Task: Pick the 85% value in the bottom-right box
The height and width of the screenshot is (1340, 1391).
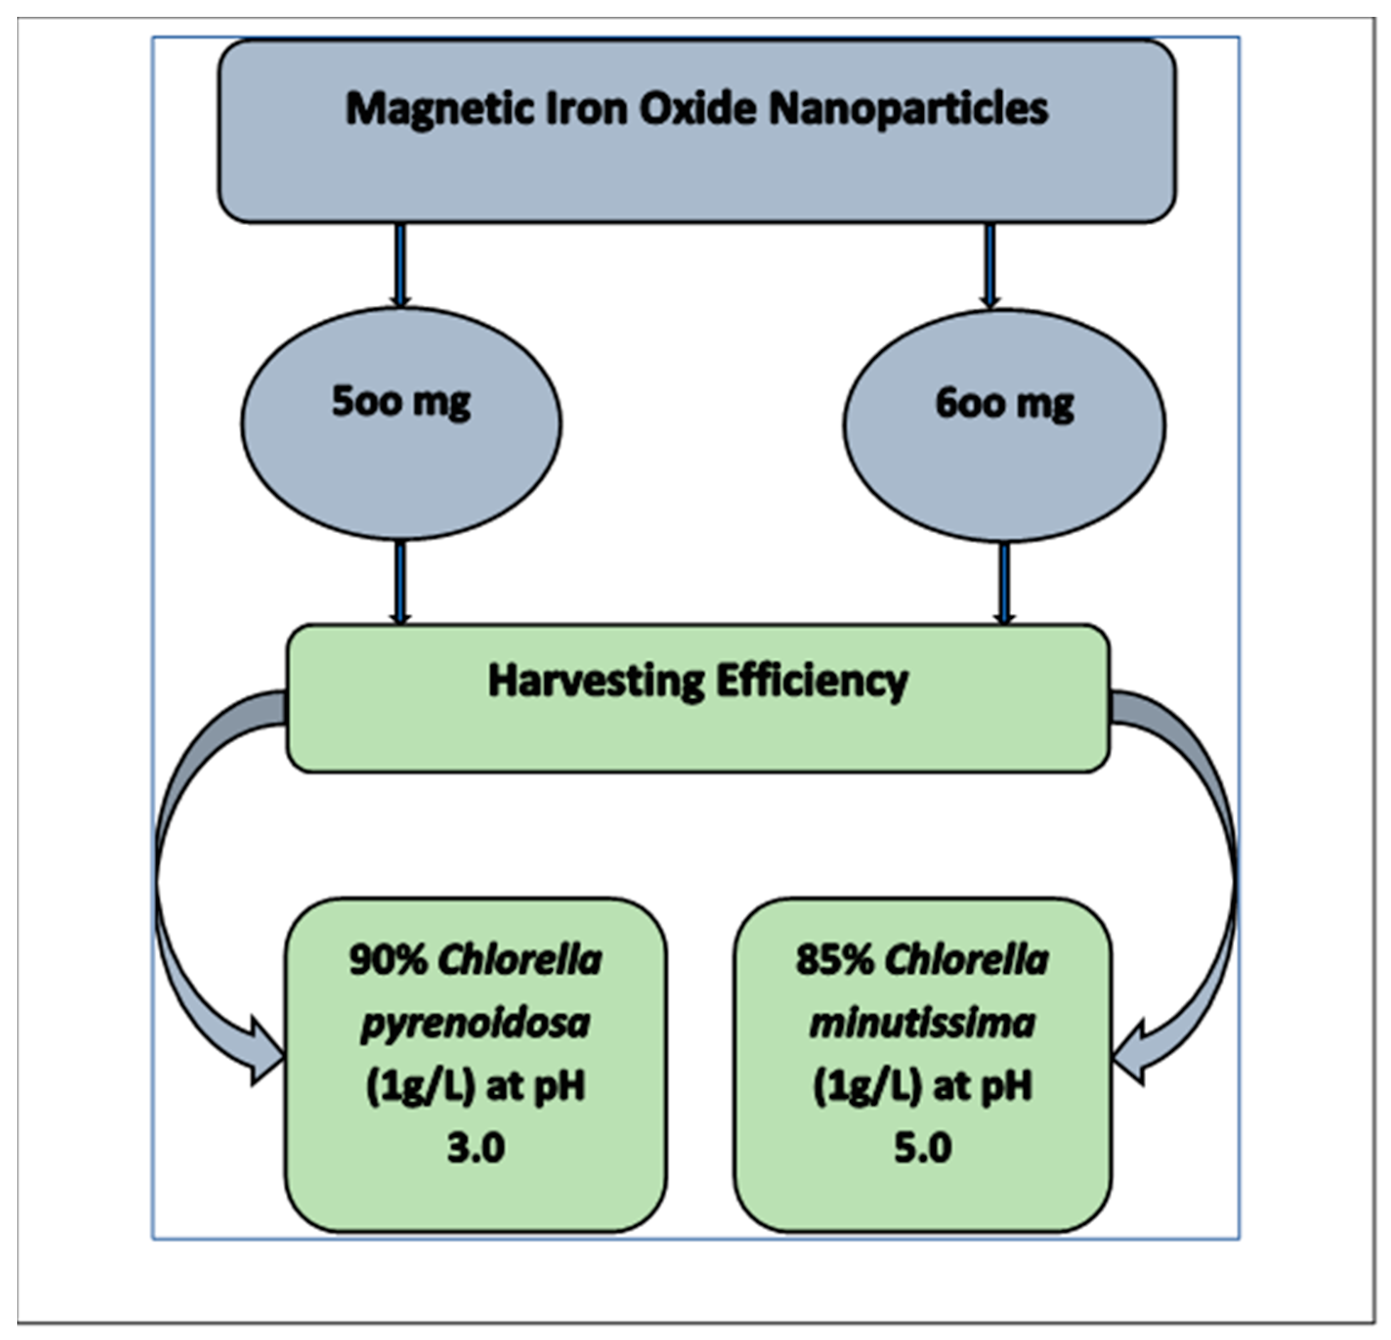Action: [835, 960]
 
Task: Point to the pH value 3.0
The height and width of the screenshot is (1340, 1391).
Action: [476, 1148]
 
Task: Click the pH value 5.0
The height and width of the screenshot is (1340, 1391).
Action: [922, 1148]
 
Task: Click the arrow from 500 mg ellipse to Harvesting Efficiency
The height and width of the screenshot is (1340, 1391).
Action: [400, 582]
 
